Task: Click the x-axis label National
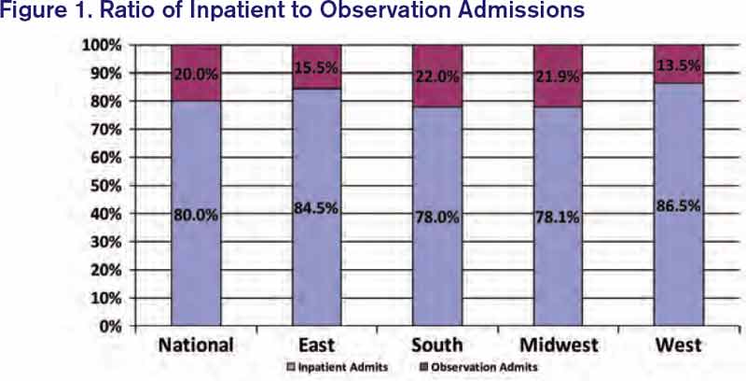coord(196,345)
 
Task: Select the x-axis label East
coord(317,345)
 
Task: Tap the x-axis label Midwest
coord(558,345)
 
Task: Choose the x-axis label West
coord(678,345)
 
